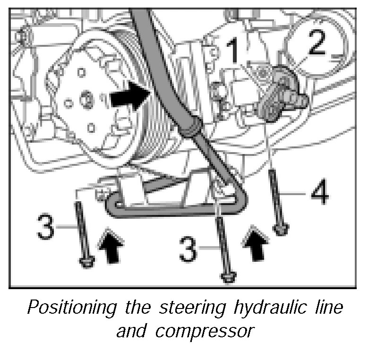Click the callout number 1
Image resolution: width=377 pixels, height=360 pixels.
point(234,52)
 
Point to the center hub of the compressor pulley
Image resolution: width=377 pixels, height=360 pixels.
point(86,100)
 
